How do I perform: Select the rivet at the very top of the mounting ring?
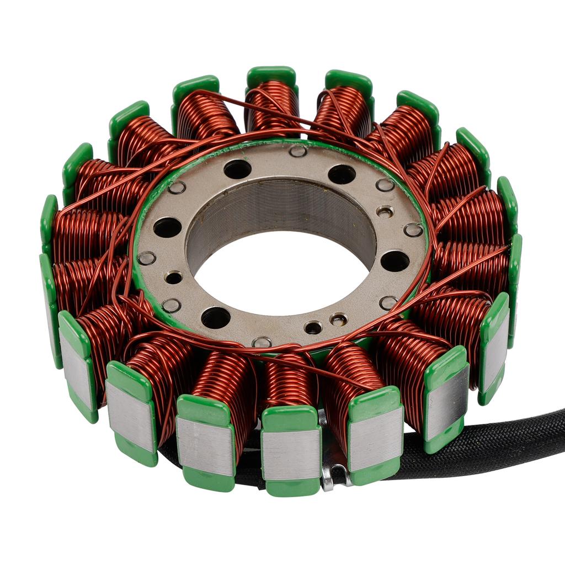(298, 151)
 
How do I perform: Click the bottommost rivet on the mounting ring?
(262, 342)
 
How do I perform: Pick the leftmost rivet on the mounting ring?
(147, 258)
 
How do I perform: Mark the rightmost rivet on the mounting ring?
(413, 230)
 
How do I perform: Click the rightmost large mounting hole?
(395, 261)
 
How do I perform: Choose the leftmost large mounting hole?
(167, 227)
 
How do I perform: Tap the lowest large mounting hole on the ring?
(216, 317)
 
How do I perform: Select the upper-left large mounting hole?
(237, 169)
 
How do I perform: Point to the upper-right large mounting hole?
(342, 174)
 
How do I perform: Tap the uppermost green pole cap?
(271, 74)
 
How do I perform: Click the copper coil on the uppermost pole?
(272, 105)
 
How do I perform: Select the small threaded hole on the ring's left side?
(174, 278)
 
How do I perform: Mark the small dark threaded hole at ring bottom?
(313, 328)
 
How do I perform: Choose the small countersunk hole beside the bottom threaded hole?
(338, 319)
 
